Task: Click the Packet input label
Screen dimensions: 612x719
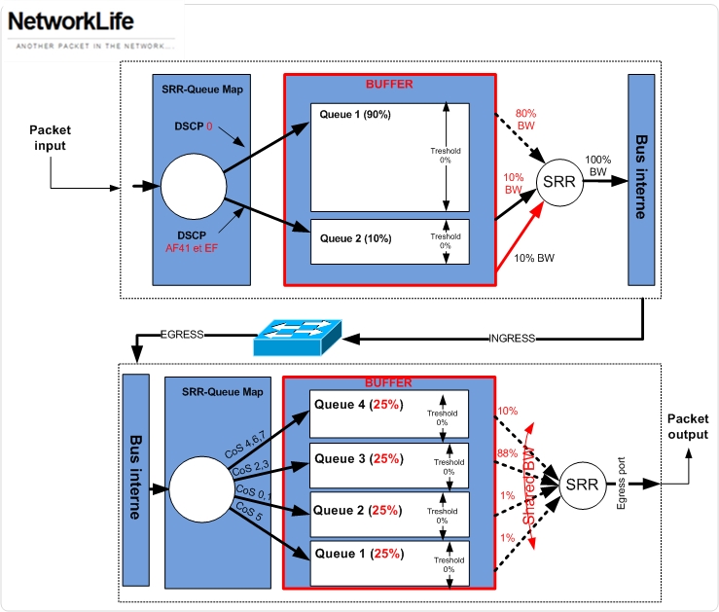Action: [50, 137]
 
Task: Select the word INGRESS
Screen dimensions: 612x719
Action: [514, 338]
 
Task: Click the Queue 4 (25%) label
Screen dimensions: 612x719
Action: [357, 405]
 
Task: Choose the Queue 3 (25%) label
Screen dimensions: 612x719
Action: [357, 457]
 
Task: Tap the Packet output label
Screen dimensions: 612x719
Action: [688, 427]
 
